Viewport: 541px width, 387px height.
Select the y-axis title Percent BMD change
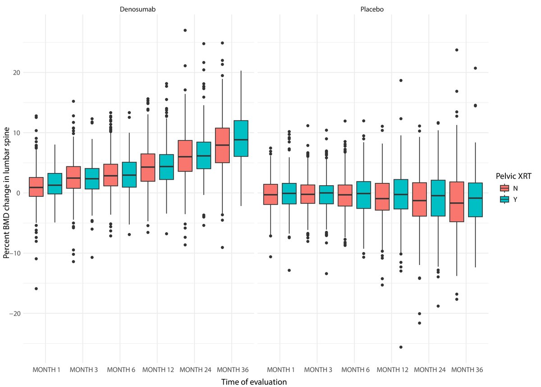click(6, 193)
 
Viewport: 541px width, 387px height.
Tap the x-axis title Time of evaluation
click(254, 382)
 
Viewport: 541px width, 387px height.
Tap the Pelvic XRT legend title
click(512, 177)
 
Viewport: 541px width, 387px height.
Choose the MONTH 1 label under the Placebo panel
click(280, 370)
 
